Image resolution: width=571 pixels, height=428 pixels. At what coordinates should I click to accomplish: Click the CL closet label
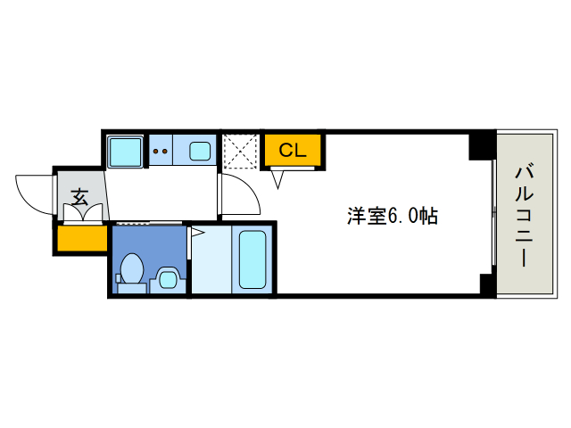point(292,151)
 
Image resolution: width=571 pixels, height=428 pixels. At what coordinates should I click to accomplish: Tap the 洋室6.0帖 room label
point(392,216)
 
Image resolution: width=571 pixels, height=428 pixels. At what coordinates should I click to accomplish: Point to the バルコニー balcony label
point(525,214)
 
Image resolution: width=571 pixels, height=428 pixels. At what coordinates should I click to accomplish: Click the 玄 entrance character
point(79,196)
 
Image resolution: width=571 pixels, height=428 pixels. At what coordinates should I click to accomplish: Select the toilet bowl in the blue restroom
point(132,268)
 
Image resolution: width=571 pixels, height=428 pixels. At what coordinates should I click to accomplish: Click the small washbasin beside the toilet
point(167,280)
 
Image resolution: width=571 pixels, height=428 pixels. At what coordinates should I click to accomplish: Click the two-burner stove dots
point(161,151)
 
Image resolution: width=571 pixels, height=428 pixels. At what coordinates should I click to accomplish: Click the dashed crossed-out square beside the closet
point(239,152)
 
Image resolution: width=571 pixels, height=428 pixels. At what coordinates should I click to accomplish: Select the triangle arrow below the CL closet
point(278,178)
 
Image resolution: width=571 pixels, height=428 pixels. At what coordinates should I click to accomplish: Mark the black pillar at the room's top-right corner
point(482,144)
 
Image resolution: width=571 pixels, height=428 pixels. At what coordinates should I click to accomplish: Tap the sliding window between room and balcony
point(493,214)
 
